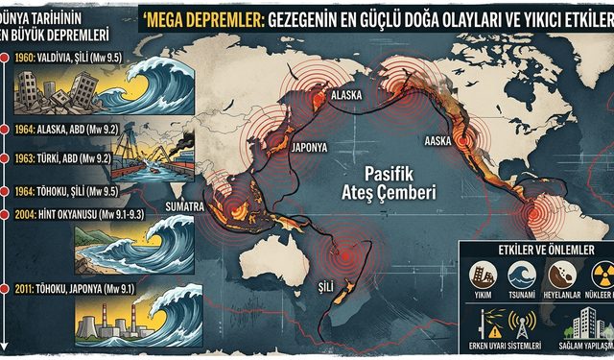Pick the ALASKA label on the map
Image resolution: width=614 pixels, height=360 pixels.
[346, 96]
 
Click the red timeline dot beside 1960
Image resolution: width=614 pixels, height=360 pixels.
[7, 58]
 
